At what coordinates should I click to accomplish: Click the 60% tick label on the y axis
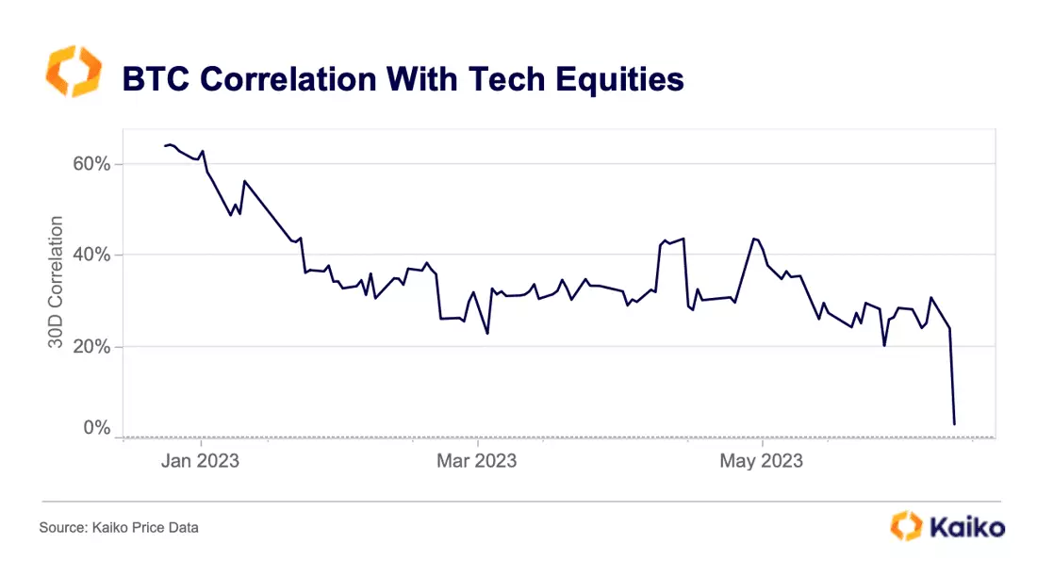(91, 163)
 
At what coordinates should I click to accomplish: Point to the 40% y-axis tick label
(91, 255)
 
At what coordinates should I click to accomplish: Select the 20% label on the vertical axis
(91, 346)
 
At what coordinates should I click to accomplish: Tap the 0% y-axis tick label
(96, 427)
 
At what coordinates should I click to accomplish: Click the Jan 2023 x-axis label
(200, 460)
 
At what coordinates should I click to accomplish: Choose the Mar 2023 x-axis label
(476, 460)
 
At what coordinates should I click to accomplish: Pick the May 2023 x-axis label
(761, 460)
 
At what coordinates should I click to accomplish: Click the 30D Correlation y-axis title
(56, 283)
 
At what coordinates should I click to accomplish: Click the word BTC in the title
(156, 78)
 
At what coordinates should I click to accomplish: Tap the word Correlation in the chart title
(288, 78)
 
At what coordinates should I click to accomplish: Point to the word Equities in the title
(619, 79)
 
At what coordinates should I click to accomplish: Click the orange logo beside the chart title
(74, 72)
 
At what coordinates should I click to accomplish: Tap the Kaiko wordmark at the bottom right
(967, 528)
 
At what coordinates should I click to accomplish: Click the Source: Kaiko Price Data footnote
(119, 527)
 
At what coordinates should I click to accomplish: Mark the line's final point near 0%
(954, 424)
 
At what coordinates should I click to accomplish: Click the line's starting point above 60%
(165, 145)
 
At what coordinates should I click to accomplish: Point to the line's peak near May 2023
(753, 239)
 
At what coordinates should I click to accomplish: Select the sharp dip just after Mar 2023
(487, 333)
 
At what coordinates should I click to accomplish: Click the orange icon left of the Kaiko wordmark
(906, 526)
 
